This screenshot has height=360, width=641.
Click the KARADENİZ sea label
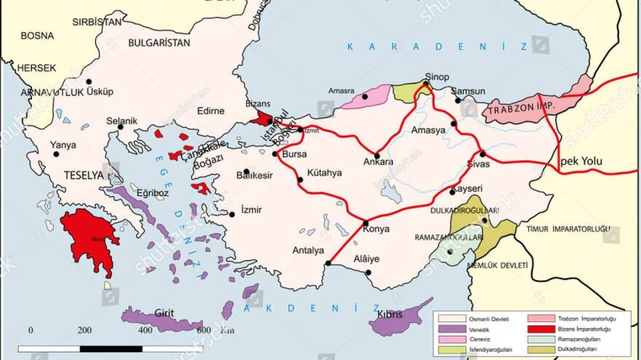[437, 47]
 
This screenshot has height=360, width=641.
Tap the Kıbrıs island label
[391, 315]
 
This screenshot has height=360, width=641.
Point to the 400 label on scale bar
[146, 330]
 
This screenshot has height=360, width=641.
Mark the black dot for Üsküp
[89, 82]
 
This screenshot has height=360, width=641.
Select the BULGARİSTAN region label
[159, 42]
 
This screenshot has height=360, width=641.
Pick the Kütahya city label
[324, 173]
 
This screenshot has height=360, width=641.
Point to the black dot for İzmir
[232, 214]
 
